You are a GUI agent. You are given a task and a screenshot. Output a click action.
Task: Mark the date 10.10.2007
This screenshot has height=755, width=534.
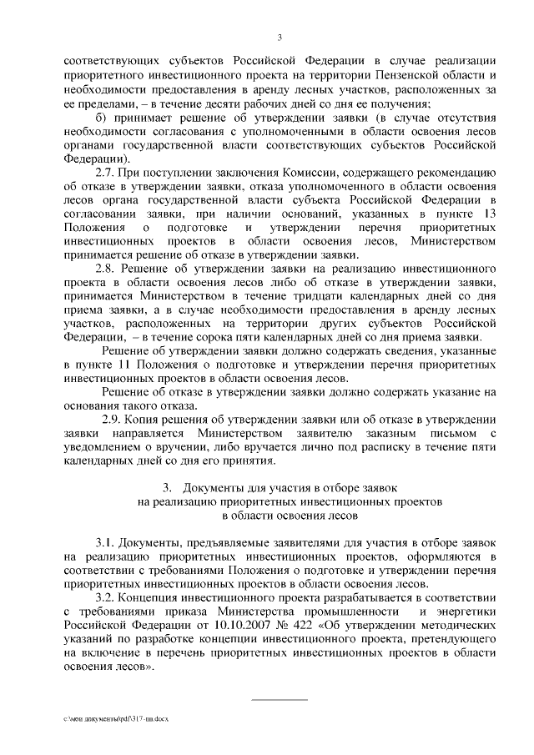pyautogui.click(x=227, y=627)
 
